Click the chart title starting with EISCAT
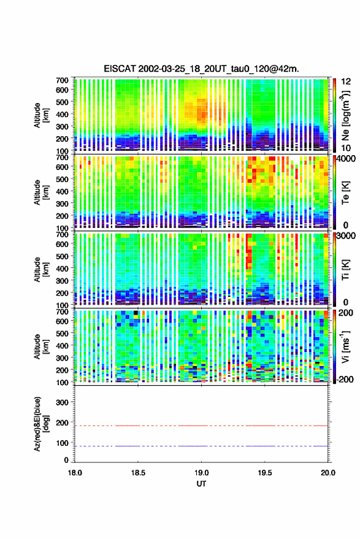pyautogui.click(x=201, y=69)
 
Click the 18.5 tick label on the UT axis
pyautogui.click(x=138, y=473)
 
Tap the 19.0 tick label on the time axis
pyautogui.click(x=202, y=473)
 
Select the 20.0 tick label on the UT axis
pyautogui.click(x=328, y=473)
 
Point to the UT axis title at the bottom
pyautogui.click(x=202, y=484)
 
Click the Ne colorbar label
pyautogui.click(x=345, y=115)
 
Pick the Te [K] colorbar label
pyautogui.click(x=345, y=193)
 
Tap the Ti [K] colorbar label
pyautogui.click(x=345, y=270)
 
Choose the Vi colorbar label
pyautogui.click(x=345, y=346)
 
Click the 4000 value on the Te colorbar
pyautogui.click(x=346, y=159)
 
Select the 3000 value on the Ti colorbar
pyautogui.click(x=346, y=236)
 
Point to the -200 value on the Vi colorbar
pyautogui.click(x=345, y=380)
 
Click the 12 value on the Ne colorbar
pyautogui.click(x=346, y=82)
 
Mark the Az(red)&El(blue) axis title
pyautogui.click(x=40, y=424)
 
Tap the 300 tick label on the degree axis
pyautogui.click(x=62, y=402)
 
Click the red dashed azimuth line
pyautogui.click(x=202, y=426)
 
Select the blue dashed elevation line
pyautogui.click(x=202, y=446)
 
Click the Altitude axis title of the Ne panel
pyautogui.click(x=40, y=115)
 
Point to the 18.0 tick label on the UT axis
pyautogui.click(x=75, y=473)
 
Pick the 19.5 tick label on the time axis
pyautogui.click(x=265, y=473)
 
